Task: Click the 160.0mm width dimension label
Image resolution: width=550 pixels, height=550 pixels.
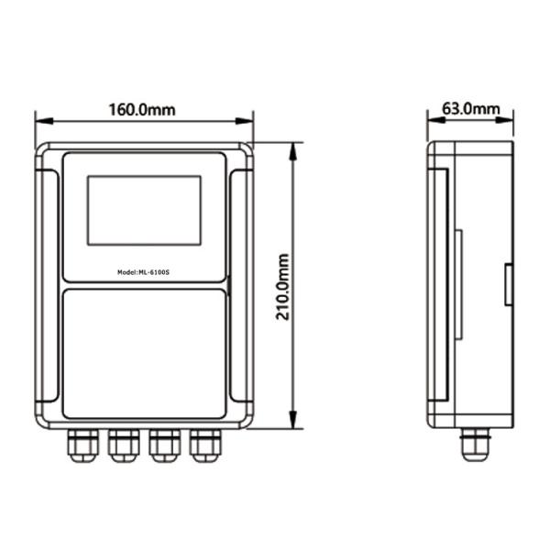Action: click(x=142, y=110)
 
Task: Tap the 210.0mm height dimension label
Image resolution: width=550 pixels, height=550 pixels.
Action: click(x=282, y=287)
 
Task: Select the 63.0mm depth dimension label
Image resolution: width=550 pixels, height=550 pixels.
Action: click(x=471, y=109)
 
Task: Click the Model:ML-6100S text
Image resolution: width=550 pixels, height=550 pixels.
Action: click(x=144, y=272)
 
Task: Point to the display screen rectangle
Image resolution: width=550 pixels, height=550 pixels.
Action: click(x=144, y=211)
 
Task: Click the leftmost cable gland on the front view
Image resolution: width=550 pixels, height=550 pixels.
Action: click(x=82, y=445)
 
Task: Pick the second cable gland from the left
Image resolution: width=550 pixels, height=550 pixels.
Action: click(x=124, y=445)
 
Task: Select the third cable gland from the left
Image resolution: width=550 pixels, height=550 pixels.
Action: click(x=165, y=445)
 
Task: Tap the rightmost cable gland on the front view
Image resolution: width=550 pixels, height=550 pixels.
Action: click(x=206, y=445)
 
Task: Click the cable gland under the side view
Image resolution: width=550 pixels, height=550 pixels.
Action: click(x=475, y=445)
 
